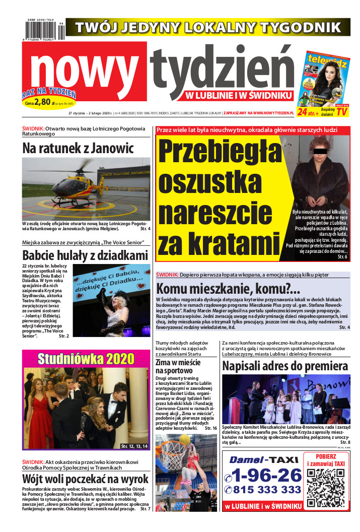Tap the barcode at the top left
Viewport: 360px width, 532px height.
[x=43, y=31]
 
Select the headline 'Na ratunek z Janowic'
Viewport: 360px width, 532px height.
[x=78, y=148]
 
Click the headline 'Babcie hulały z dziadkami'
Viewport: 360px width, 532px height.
[x=85, y=255]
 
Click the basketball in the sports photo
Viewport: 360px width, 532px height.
[x=185, y=439]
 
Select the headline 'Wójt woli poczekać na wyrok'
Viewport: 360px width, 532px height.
[x=86, y=478]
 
